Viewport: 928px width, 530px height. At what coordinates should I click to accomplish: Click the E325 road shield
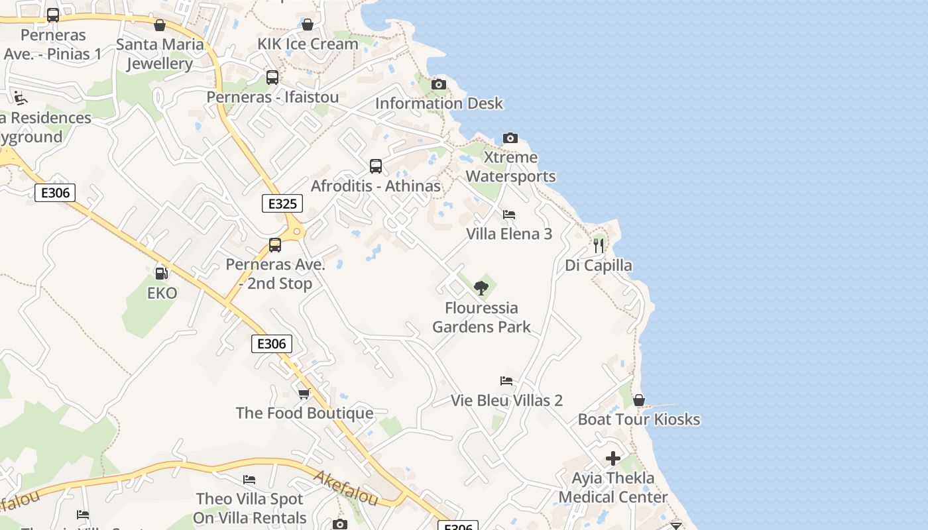283,203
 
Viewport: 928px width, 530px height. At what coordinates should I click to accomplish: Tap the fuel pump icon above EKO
161,273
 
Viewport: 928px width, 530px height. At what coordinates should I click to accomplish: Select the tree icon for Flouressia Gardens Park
481,288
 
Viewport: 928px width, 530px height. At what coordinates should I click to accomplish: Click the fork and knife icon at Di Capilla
599,246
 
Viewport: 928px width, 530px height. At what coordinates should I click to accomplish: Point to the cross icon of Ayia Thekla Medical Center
613,458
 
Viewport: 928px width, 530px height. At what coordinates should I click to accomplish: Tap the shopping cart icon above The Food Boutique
304,394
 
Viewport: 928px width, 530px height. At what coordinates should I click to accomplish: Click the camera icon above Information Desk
439,84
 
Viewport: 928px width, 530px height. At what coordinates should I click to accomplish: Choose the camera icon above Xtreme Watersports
510,138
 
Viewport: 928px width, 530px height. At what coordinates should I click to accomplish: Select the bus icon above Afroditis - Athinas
376,166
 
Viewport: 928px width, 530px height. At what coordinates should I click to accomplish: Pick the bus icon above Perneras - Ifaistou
272,78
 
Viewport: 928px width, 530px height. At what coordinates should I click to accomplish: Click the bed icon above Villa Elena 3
509,214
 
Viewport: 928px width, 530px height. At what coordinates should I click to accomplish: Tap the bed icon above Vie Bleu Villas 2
506,381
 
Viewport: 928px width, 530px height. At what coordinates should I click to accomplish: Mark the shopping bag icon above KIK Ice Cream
308,25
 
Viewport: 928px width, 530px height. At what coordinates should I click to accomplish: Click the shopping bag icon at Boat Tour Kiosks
639,400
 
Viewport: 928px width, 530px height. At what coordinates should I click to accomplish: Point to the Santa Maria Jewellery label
160,54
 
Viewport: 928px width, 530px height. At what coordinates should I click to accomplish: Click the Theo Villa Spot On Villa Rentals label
249,508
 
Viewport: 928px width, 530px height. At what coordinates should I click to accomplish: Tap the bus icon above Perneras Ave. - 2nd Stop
275,245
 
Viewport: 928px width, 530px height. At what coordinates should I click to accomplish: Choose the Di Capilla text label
599,266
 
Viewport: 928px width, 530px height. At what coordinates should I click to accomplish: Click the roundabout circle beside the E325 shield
297,231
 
